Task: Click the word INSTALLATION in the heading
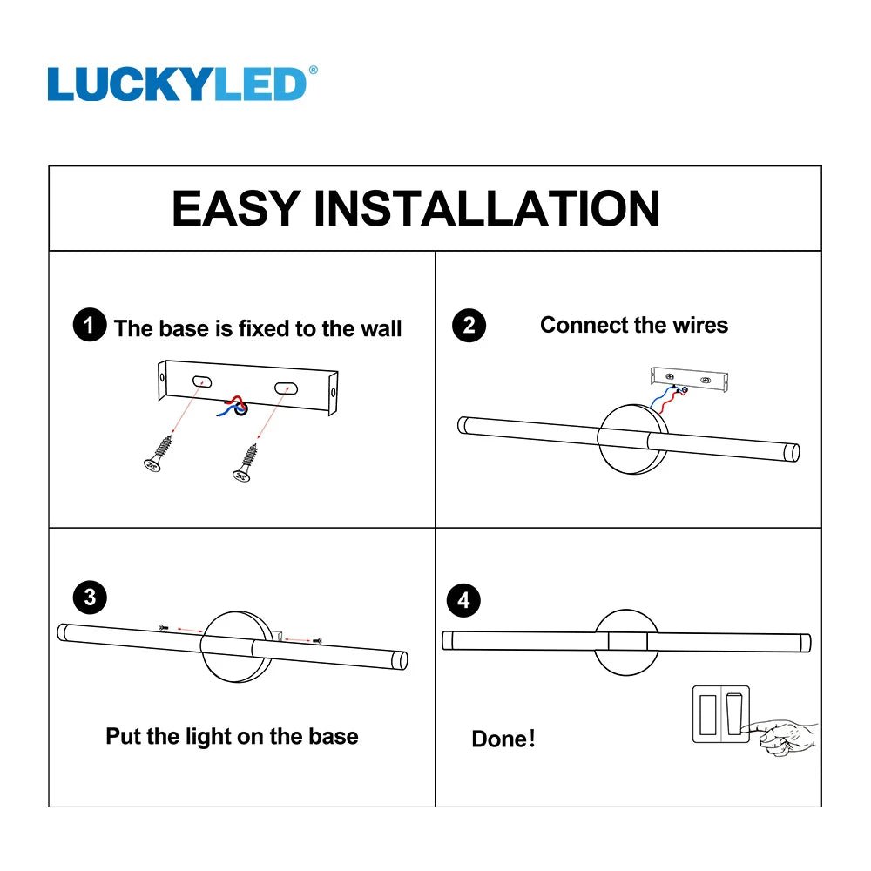click(x=487, y=208)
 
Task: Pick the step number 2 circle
click(x=469, y=325)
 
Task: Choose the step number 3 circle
click(x=90, y=598)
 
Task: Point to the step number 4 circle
click(x=463, y=600)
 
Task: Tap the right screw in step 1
click(x=246, y=463)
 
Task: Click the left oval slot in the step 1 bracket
click(x=202, y=381)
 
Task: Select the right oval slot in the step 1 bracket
click(x=286, y=388)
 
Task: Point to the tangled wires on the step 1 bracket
click(x=233, y=407)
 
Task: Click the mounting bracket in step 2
click(x=689, y=381)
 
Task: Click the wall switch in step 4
click(x=720, y=714)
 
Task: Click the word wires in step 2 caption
click(x=700, y=325)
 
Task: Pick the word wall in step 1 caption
click(x=381, y=328)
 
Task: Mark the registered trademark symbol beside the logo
click(x=314, y=70)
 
